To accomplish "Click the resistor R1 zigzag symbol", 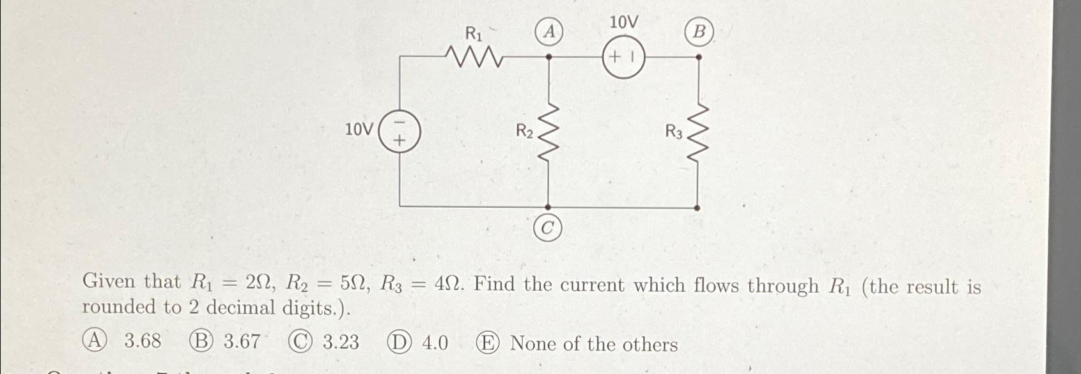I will (476, 57).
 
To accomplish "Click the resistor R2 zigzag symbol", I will (548, 133).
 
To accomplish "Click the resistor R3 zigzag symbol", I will (698, 133).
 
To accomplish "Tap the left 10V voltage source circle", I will (400, 130).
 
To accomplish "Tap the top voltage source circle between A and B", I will (623, 57).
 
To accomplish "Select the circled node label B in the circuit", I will (699, 31).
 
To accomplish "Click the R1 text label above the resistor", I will (473, 33).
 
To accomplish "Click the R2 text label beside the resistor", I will (524, 132).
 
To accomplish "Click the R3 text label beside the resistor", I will (674, 132).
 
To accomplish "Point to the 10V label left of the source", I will (359, 130).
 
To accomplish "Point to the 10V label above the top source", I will (623, 23).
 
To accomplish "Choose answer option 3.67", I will (242, 341).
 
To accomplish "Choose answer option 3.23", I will (341, 342).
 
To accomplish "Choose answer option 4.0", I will (435, 343).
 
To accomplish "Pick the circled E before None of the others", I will (486, 343).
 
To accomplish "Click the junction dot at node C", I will (548, 207).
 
